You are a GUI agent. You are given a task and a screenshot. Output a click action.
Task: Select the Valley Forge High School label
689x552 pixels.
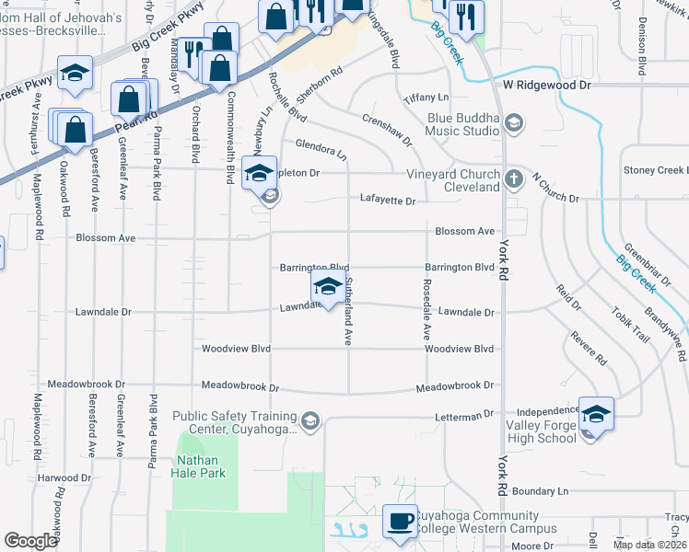(542, 431)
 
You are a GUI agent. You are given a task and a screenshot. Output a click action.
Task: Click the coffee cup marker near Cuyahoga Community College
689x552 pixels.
(400, 522)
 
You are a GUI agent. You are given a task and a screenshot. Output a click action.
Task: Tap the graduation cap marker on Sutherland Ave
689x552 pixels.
(328, 286)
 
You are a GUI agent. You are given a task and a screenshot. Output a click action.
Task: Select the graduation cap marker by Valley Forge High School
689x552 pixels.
(596, 415)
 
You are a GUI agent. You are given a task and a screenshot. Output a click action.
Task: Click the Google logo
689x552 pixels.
(30, 541)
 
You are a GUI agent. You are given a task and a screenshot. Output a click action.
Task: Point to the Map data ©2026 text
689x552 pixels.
(649, 545)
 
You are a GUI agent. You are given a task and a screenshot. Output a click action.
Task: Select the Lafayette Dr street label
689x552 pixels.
(388, 200)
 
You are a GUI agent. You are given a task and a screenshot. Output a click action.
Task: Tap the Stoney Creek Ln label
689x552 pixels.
(655, 170)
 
